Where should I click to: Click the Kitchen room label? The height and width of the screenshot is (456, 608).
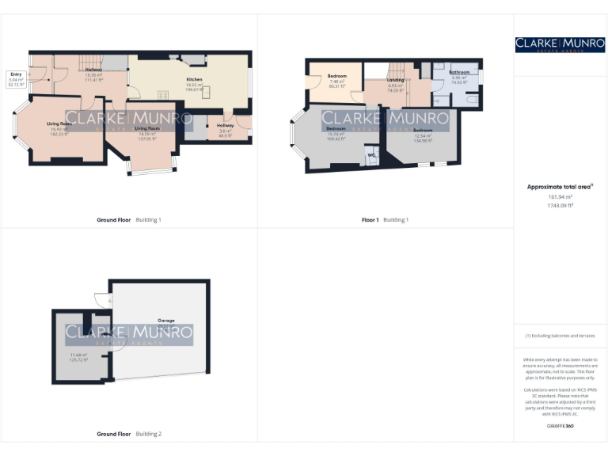pos(194,80)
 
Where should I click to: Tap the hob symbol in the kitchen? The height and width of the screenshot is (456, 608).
pos(164,94)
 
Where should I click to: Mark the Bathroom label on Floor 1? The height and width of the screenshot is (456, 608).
pos(460,72)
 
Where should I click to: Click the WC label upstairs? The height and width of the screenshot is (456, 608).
pos(370,154)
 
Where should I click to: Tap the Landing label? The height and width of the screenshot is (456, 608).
pos(396,80)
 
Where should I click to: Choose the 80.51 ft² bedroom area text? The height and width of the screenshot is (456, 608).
pos(336,85)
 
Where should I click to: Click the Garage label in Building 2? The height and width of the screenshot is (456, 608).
pos(165,321)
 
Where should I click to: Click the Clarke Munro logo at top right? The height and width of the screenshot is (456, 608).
pos(560,45)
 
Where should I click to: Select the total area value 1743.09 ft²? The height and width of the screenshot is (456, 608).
pos(560,205)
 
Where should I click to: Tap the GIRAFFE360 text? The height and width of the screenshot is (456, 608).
pos(560,427)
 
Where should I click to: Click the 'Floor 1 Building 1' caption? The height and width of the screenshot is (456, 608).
pos(386,219)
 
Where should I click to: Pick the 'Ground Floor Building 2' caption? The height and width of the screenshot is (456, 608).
pos(129,434)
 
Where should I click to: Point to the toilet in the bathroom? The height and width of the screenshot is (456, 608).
pos(438,101)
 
